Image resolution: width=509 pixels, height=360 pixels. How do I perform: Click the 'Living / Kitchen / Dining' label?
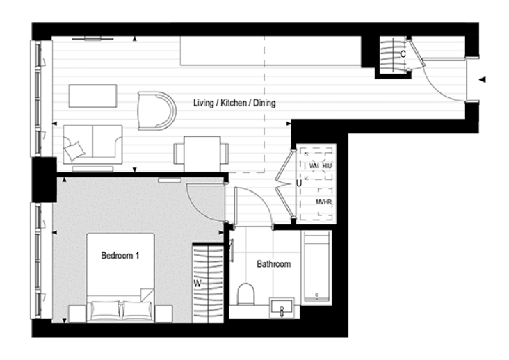(x=234, y=104)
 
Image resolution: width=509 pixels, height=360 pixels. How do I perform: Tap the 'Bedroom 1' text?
(x=120, y=256)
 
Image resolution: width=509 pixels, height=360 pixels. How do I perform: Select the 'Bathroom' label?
(x=273, y=264)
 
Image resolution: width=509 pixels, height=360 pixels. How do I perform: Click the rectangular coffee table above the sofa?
(x=92, y=96)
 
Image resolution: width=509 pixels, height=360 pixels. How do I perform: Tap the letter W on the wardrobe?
(x=197, y=283)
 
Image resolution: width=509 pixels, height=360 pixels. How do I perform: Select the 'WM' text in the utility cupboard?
(x=314, y=167)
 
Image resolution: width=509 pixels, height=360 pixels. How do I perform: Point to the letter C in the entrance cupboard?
(x=403, y=53)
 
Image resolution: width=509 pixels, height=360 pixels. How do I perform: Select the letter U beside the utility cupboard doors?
(x=298, y=183)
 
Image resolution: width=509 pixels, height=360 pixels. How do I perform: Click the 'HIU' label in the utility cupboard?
(x=328, y=167)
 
